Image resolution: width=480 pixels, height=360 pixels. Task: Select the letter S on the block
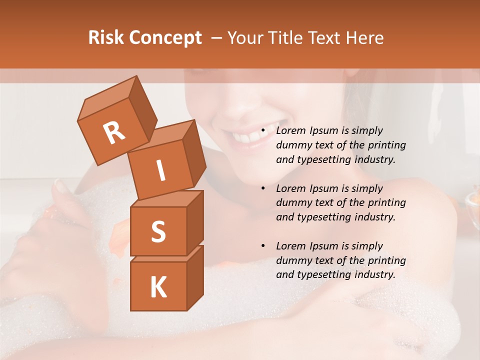tap(158, 231)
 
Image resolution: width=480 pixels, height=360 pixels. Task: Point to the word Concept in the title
tap(164, 38)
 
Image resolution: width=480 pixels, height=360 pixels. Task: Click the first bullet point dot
tap(263, 131)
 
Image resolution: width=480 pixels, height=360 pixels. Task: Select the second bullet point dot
tap(263, 189)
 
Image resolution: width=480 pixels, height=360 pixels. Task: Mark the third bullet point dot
tap(263, 246)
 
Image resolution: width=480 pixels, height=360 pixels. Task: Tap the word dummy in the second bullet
tap(293, 203)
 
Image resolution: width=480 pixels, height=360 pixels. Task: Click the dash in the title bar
tap(217, 38)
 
